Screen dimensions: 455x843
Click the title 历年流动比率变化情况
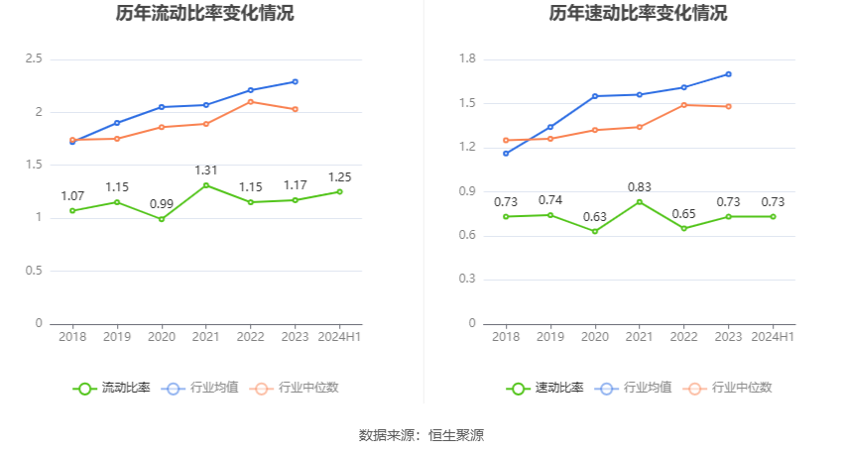[204, 14]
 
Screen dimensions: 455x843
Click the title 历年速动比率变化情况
[638, 14]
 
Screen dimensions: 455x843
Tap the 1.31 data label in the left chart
[206, 171]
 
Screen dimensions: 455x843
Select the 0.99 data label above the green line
[162, 204]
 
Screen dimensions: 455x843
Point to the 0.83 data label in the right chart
[640, 186]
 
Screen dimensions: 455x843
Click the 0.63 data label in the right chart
[595, 216]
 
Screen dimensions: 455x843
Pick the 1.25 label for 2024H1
[339, 177]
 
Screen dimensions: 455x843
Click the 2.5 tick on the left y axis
[34, 59]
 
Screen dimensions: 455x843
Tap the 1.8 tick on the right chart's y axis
[467, 59]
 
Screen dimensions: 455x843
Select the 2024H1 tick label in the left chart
[339, 337]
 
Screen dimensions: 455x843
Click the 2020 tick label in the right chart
[595, 337]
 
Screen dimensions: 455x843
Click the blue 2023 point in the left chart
[296, 81]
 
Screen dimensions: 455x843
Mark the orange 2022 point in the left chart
[251, 101]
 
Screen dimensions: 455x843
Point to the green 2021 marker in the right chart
[640, 202]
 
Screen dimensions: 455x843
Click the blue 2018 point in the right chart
[506, 154]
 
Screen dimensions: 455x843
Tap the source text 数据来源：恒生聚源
[421, 435]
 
